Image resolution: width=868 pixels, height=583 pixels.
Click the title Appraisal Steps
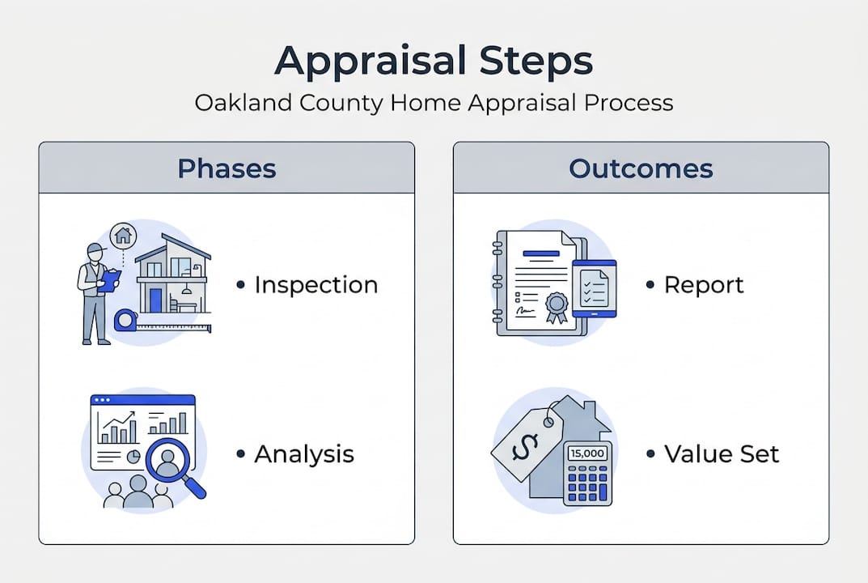(434, 61)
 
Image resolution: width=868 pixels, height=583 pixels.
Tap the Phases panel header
(227, 168)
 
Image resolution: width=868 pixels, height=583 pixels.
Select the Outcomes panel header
(641, 168)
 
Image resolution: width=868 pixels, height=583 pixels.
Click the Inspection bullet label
(315, 285)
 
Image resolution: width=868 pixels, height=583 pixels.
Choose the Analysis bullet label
(304, 453)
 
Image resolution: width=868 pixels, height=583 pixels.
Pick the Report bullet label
(704, 285)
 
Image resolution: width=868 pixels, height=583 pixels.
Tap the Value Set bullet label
(722, 453)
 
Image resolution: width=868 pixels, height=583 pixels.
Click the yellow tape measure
(125, 321)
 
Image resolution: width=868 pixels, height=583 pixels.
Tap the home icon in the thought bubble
(123, 236)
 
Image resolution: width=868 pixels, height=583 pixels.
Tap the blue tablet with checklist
(595, 288)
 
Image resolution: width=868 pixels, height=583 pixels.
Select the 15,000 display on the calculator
(587, 453)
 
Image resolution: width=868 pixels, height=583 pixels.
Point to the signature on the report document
(526, 311)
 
